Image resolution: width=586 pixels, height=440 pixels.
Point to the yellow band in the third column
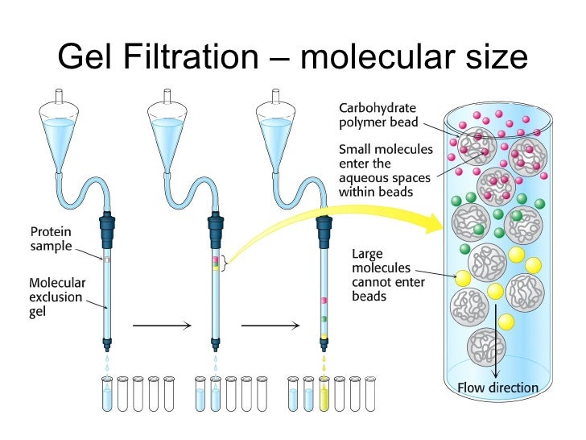tap(324, 335)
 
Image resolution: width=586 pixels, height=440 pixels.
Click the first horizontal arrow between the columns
tap(161, 326)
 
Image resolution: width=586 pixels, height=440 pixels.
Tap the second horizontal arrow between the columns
tap(270, 326)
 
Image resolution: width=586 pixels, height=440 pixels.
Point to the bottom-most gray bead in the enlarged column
tap(486, 347)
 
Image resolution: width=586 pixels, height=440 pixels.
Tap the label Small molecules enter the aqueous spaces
tap(386, 170)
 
